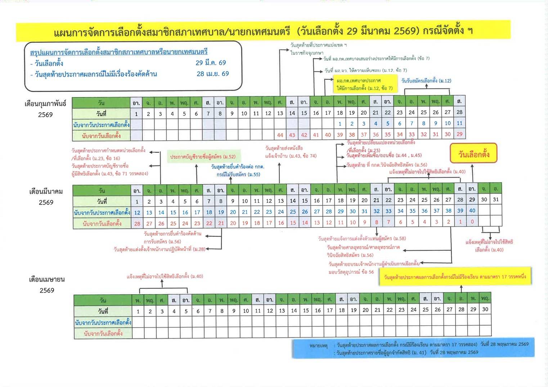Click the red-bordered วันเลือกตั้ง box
coord(473,154)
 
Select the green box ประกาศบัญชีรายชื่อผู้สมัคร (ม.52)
coord(203,157)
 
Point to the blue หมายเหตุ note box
coord(413,348)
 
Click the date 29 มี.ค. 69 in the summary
coord(211,63)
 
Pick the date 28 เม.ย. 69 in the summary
coord(212,74)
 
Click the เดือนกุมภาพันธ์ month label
coord(45,104)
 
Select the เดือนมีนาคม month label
coord(46,192)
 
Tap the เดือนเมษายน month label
coord(47,279)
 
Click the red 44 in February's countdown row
coord(280,135)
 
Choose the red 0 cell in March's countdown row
coord(472,222)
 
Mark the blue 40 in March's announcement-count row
coord(472,211)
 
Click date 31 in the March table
coord(496,200)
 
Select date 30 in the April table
coord(485,309)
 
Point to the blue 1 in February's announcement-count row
coord(340,124)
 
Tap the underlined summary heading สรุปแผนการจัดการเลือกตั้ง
coord(118,52)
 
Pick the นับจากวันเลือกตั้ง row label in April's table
coord(103,333)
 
